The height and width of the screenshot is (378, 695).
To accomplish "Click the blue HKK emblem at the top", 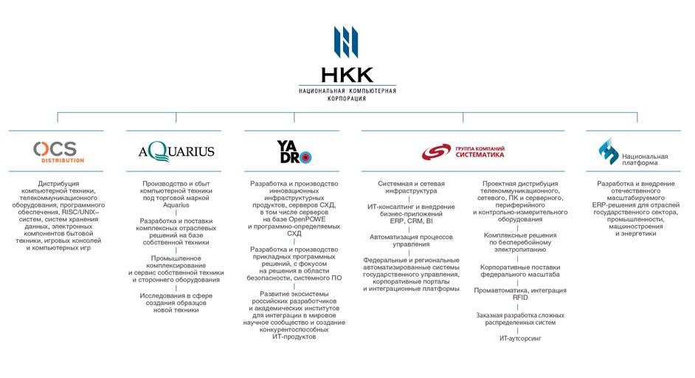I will [347, 43].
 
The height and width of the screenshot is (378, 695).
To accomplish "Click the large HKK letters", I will [347, 75].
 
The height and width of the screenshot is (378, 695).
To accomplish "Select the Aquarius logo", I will [176, 151].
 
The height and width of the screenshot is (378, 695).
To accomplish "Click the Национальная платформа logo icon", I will [608, 151].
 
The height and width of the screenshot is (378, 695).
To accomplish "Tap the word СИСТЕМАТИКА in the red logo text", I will [485, 156].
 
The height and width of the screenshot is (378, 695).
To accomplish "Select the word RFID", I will [520, 298].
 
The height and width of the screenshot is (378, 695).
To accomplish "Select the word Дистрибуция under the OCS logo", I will [58, 183].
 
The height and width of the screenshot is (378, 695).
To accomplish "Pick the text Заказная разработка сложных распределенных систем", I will [520, 318].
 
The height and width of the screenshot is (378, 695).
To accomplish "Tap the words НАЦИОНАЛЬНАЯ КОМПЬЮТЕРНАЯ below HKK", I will [347, 91].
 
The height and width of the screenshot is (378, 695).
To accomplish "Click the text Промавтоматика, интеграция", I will [520, 290].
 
